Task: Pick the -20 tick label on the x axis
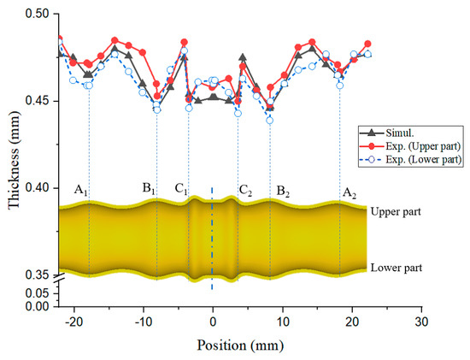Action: click(72, 323)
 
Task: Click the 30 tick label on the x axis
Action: click(420, 323)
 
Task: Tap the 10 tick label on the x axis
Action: click(281, 323)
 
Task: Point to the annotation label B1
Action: click(149, 189)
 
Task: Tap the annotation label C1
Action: click(179, 189)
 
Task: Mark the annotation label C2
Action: click(245, 190)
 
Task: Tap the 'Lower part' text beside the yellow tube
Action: click(397, 269)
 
